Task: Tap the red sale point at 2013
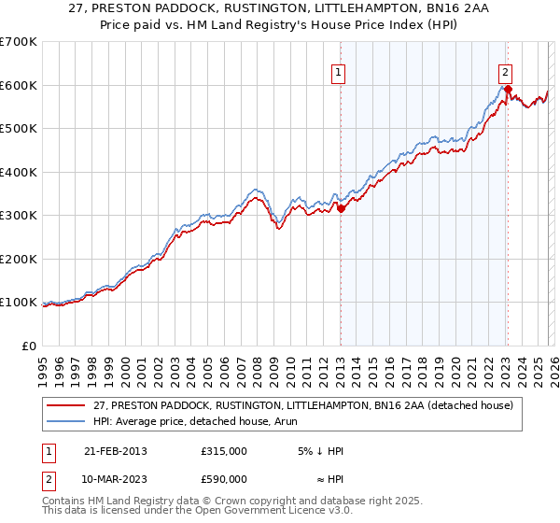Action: (341, 209)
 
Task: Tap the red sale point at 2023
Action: (508, 90)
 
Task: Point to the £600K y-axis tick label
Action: (19, 85)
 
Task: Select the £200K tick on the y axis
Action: (19, 259)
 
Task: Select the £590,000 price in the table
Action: (224, 478)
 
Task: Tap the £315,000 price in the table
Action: (224, 451)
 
